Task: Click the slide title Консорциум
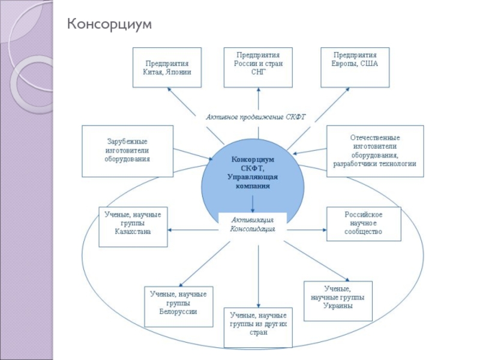point(110,24)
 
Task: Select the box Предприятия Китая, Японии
point(167,68)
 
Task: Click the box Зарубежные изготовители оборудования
point(127,151)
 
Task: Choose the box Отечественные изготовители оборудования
point(375,151)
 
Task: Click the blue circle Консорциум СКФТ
point(252,174)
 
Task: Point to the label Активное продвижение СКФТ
point(256,117)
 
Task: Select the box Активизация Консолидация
point(253,224)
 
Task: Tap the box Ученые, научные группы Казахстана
point(133,227)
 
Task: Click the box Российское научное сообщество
point(363,224)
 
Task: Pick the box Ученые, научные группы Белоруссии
point(178,307)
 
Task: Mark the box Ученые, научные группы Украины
point(337,301)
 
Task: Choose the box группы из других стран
point(258,328)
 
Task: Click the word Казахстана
point(133,232)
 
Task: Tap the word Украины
point(337,306)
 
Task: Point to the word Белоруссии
point(178,312)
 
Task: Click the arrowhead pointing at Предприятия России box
point(259,92)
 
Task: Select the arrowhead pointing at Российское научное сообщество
point(323,228)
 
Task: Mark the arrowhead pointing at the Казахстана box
point(172,229)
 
